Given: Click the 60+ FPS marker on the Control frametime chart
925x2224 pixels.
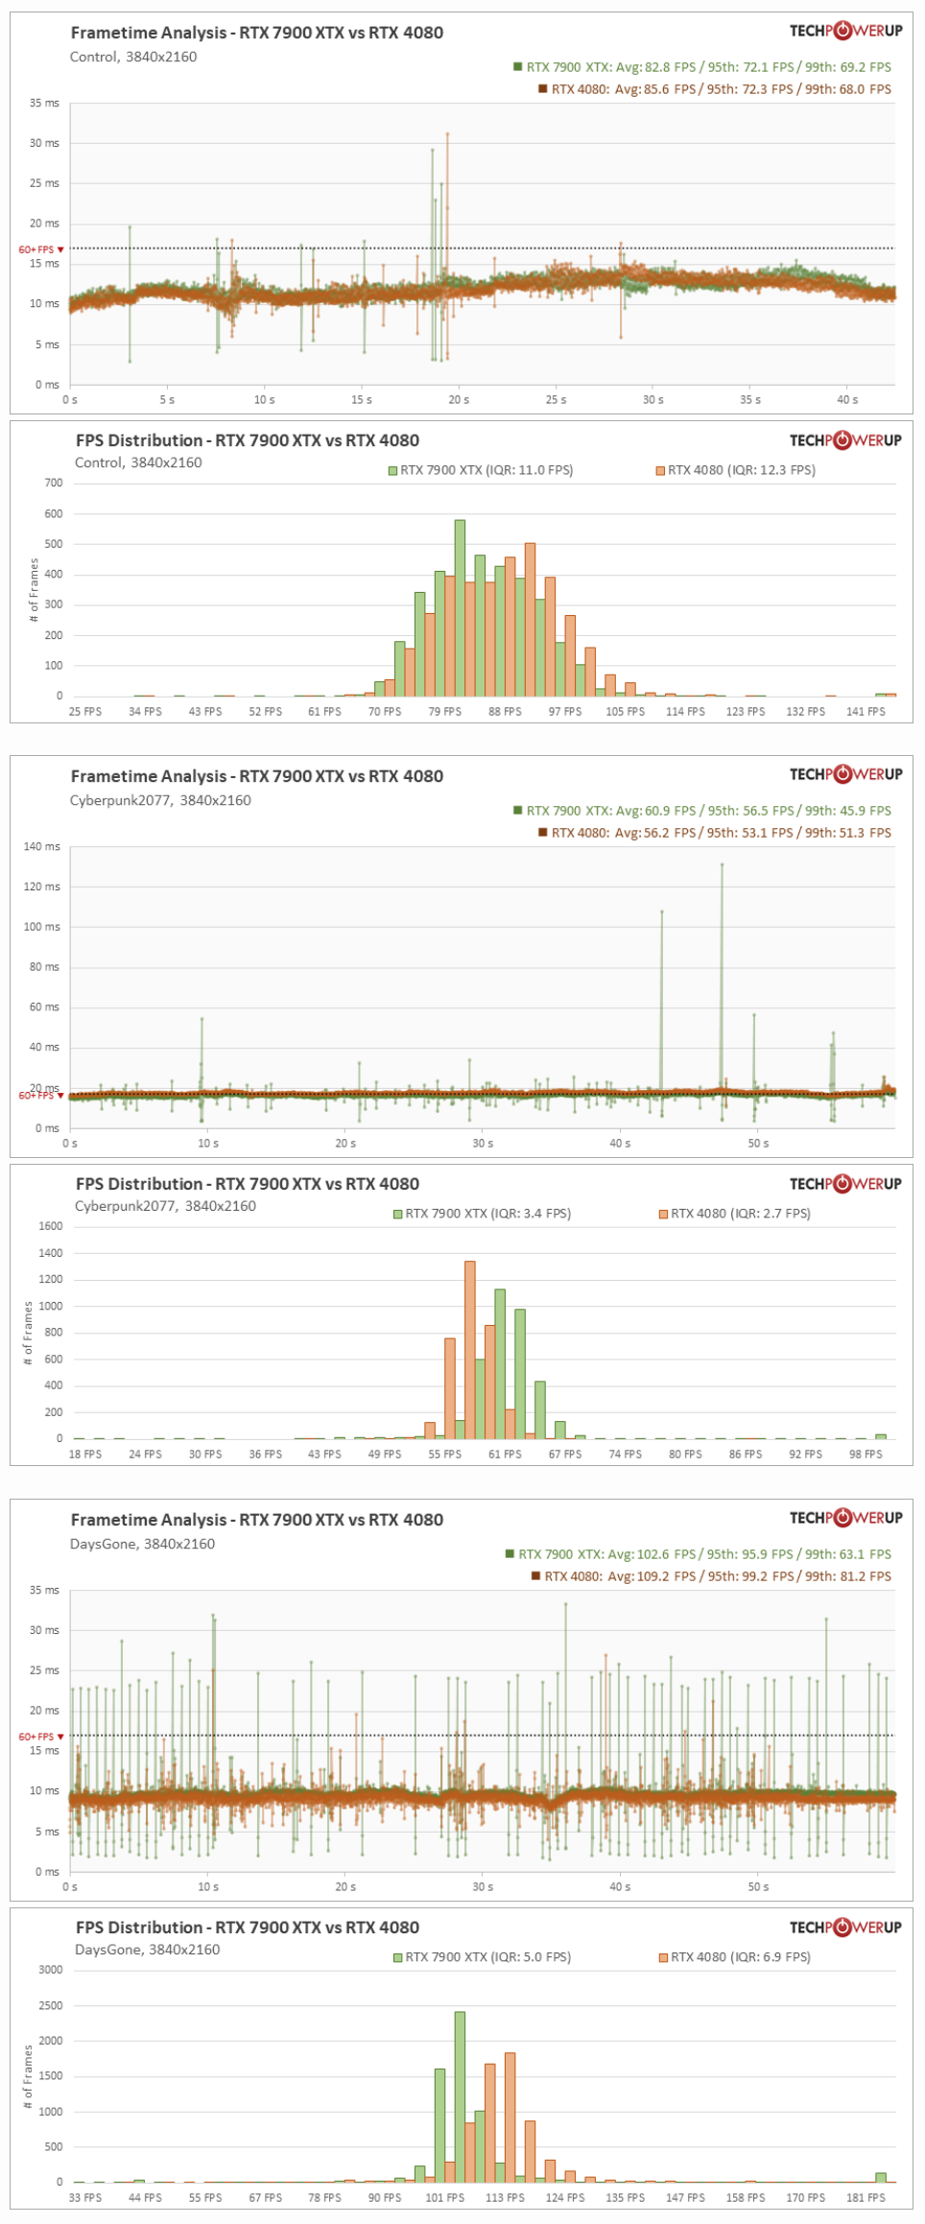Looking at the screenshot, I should click(x=40, y=249).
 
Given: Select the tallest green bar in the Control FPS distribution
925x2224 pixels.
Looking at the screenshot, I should click(x=460, y=607).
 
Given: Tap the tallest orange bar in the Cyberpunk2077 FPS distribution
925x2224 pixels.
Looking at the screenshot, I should click(x=469, y=1349).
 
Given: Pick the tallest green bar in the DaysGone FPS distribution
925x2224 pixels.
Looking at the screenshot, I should click(x=460, y=2096).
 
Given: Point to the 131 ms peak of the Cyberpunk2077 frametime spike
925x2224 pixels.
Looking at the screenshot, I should click(x=722, y=865).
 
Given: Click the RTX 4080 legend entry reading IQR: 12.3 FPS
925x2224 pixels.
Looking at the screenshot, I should click(x=736, y=470).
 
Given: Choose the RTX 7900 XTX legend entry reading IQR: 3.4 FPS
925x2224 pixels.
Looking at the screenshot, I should click(x=482, y=1214).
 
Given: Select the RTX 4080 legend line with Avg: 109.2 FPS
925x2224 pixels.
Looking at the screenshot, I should click(x=711, y=1576).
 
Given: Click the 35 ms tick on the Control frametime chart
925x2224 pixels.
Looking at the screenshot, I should click(x=44, y=103).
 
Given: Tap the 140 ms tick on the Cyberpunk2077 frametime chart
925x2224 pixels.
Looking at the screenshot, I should click(x=41, y=846).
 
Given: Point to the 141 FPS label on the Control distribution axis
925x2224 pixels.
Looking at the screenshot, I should click(x=866, y=711).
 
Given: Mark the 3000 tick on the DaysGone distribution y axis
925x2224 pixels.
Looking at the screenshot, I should click(x=50, y=1970).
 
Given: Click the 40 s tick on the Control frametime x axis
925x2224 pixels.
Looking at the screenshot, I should click(x=847, y=399).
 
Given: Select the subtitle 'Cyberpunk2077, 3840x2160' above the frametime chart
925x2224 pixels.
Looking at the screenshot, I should click(x=160, y=800).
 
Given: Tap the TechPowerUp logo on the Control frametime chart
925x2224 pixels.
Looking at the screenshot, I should click(x=845, y=31).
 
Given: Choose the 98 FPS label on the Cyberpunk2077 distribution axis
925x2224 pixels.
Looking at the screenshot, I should click(x=866, y=1455).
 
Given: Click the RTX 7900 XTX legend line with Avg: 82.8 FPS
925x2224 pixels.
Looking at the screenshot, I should click(x=702, y=67).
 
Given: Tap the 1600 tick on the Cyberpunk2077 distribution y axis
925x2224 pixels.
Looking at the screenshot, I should click(x=50, y=1226).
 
